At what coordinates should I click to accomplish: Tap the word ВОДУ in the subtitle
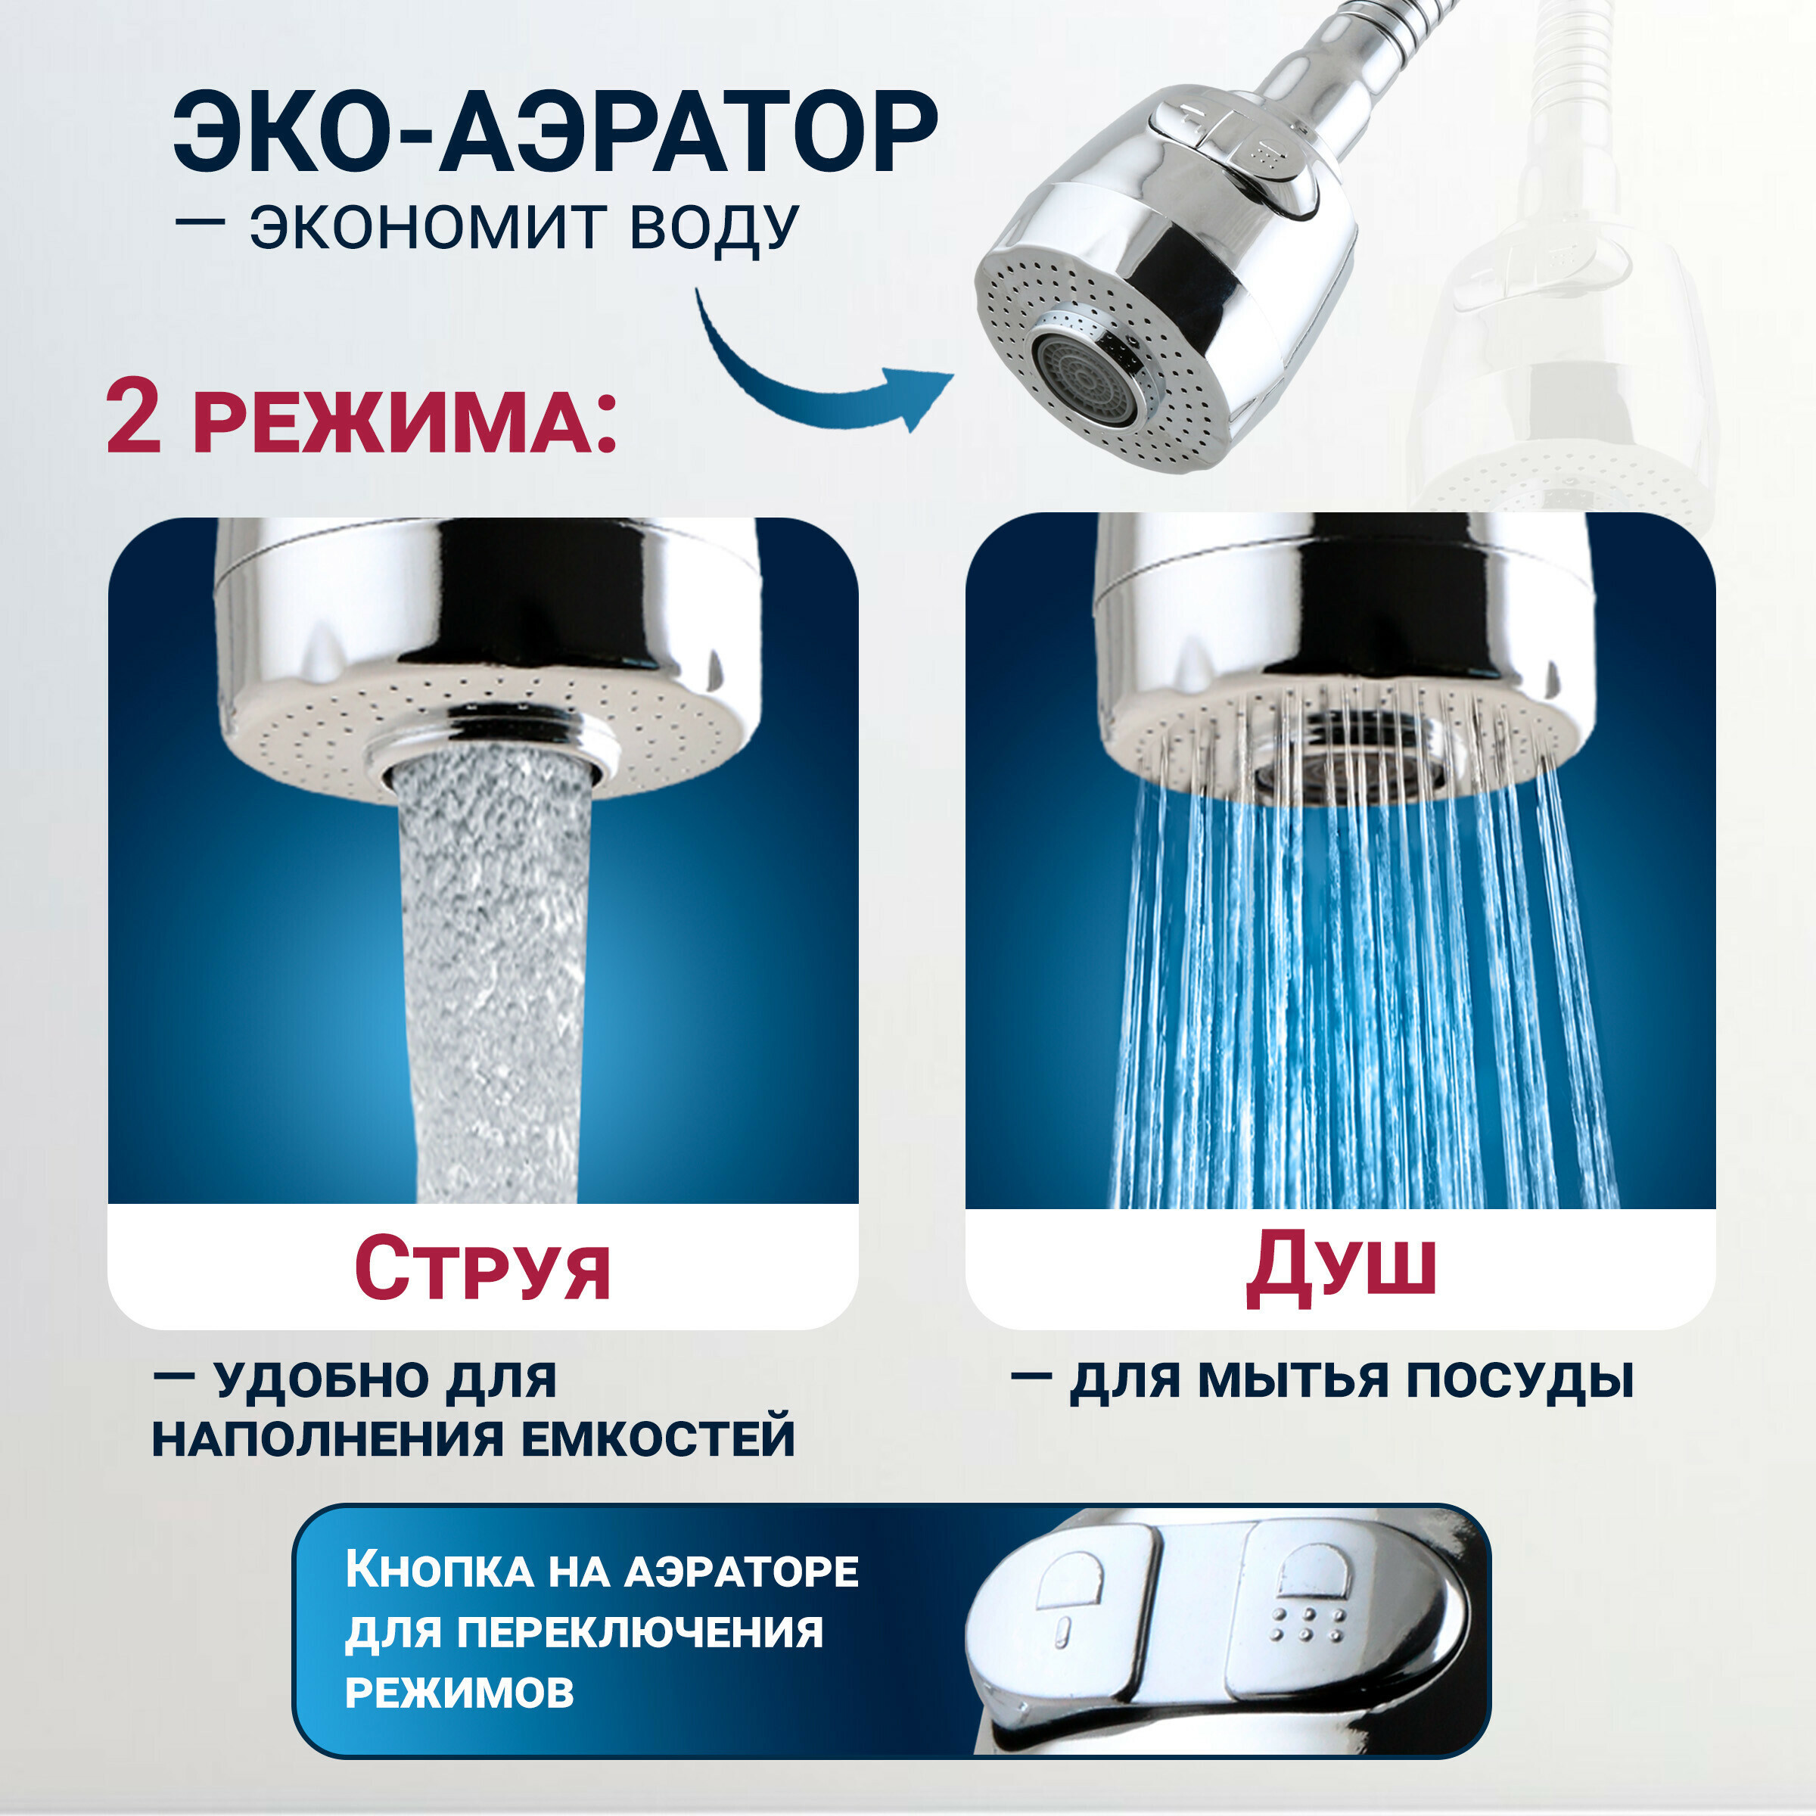tap(714, 228)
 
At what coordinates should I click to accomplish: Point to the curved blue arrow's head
tap(926, 392)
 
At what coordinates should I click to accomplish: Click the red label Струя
tap(482, 1269)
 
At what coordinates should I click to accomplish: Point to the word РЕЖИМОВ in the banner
tap(459, 1692)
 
